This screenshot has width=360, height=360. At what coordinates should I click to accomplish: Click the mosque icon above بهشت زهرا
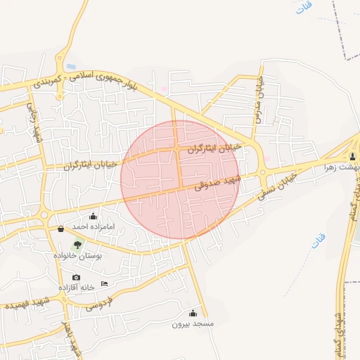[353, 156]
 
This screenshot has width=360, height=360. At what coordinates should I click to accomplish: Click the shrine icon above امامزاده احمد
[94, 217]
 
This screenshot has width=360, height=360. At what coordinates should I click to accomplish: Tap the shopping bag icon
[60, 229]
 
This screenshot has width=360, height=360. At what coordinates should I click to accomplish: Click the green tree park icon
[77, 245]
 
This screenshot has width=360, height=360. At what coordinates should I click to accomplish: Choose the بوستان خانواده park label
[78, 256]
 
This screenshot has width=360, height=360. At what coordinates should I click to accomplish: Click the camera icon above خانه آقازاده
[76, 277]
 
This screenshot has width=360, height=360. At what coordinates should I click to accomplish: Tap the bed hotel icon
[105, 283]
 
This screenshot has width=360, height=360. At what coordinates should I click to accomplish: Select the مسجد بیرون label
[193, 325]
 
